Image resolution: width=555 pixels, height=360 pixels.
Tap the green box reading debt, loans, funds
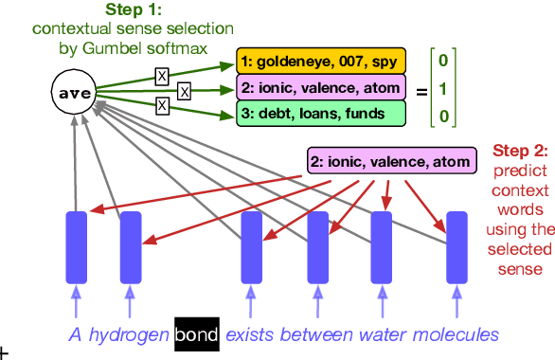click(295, 115)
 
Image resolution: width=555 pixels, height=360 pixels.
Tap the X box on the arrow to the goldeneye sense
click(162, 74)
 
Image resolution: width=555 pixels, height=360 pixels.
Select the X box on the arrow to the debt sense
click(162, 106)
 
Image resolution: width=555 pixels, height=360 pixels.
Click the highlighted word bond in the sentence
click(197, 334)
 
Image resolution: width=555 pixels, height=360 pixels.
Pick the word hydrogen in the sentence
click(129, 334)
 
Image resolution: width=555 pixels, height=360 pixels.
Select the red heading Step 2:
click(520, 150)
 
